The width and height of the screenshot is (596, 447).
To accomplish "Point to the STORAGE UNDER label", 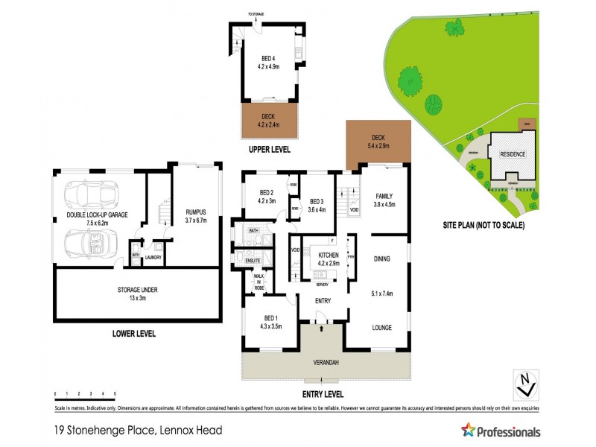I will (137, 290).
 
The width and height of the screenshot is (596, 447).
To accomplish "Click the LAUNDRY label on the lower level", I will (153, 258).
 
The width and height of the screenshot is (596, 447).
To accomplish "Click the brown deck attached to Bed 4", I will (269, 120).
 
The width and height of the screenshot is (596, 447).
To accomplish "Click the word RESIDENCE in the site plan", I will (513, 154).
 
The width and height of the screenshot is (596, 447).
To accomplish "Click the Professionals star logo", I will (468, 431).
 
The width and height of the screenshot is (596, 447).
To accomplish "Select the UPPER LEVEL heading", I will (269, 150).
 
